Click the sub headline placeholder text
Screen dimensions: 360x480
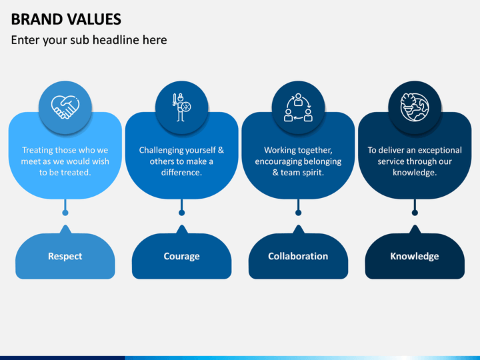tap(89, 40)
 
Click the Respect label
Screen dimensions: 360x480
tap(65, 256)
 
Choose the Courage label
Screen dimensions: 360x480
tap(181, 256)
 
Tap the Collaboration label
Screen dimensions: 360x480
tap(298, 256)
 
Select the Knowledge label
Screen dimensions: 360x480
tap(415, 256)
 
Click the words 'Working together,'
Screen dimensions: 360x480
tap(298, 150)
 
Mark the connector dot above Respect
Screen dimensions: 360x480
tap(65, 213)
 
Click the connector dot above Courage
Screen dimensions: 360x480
tap(181, 213)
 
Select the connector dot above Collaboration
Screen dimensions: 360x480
tap(298, 213)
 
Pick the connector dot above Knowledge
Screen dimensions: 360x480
tap(415, 213)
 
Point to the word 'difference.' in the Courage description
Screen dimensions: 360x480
tap(181, 173)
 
